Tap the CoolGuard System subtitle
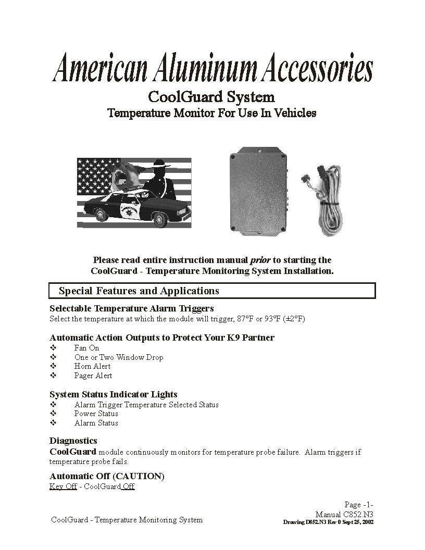tap(211, 97)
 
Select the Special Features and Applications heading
tap(139, 291)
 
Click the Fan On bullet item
tap(86, 348)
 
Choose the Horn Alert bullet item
tap(92, 366)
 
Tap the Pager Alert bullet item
tap(93, 376)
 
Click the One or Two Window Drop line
tap(118, 357)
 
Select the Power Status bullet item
tap(96, 414)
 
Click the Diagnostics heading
tap(73, 441)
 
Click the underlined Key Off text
tap(63, 486)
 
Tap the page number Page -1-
tap(358, 505)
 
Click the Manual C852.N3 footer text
tap(344, 514)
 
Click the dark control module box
tap(258, 192)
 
